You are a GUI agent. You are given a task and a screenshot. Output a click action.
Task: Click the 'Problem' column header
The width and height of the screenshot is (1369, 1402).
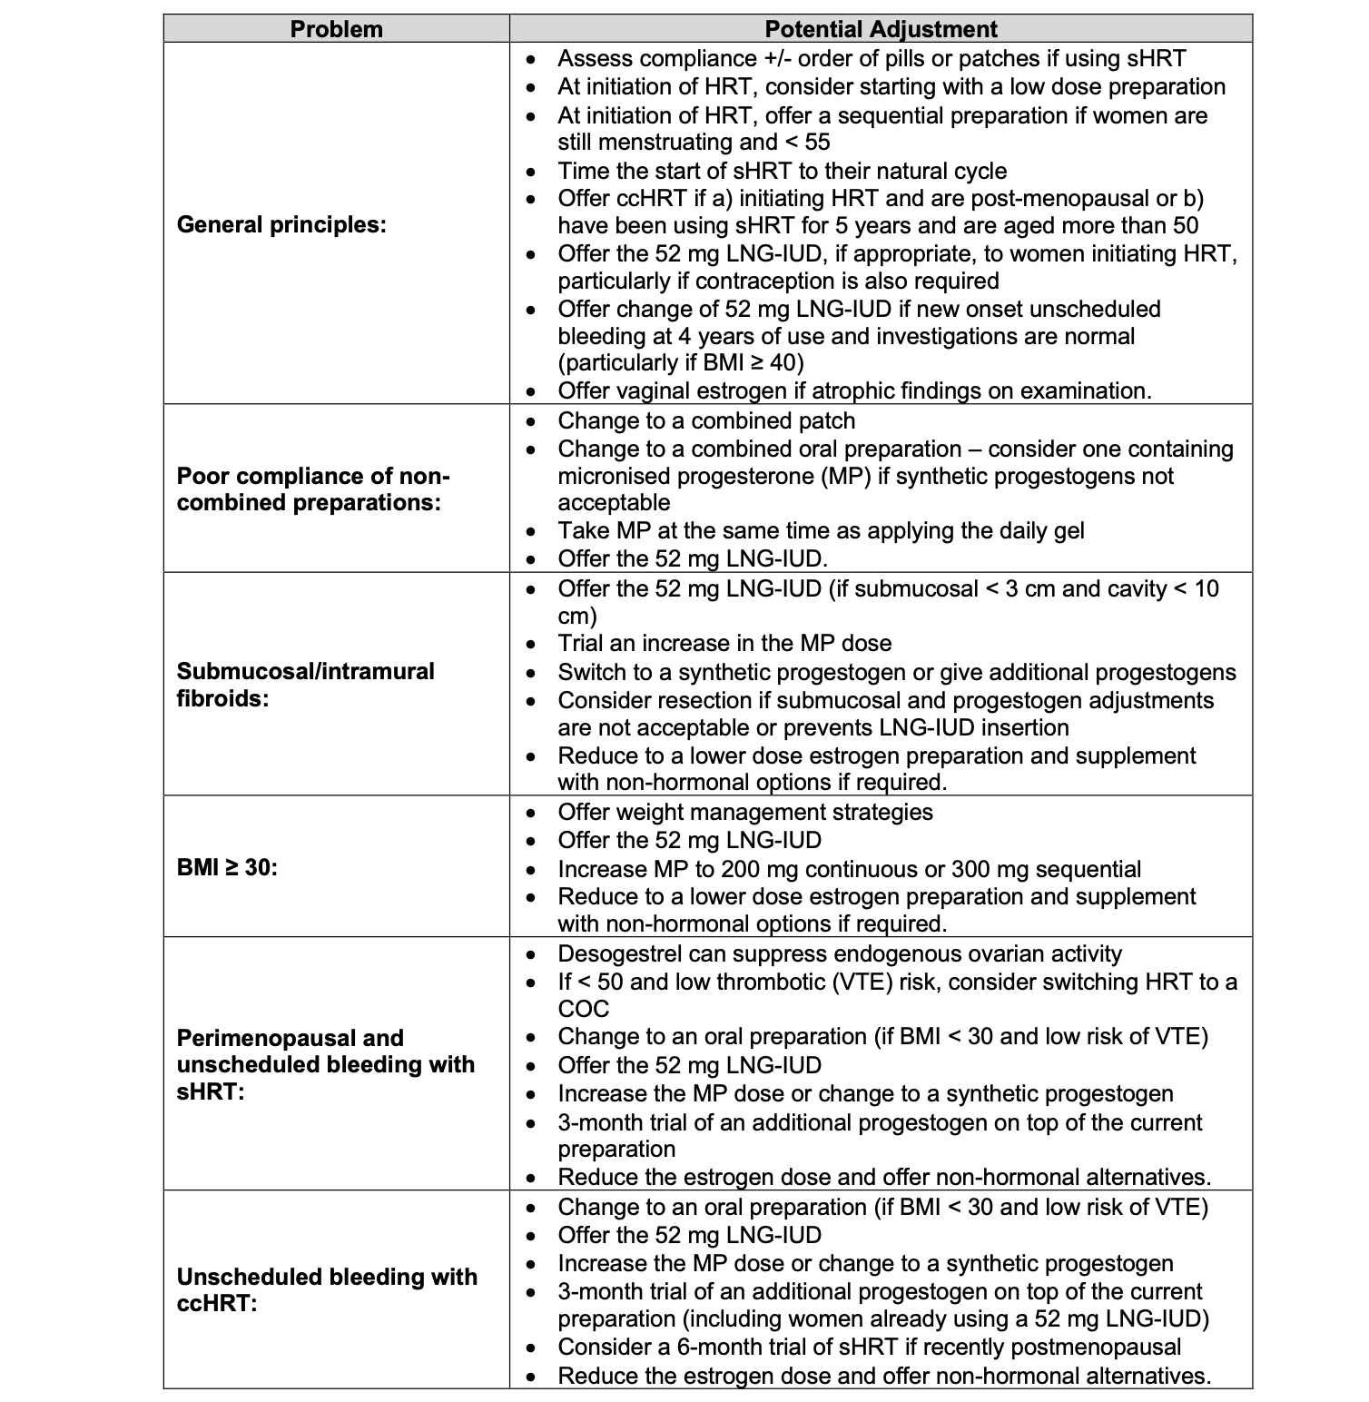(336, 29)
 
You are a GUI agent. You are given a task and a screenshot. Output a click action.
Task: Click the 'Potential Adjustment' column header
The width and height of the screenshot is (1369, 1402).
(881, 29)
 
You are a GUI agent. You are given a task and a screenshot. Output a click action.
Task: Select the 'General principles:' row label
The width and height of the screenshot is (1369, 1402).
(281, 224)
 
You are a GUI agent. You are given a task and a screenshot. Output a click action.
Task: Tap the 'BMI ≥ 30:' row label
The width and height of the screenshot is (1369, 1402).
(227, 867)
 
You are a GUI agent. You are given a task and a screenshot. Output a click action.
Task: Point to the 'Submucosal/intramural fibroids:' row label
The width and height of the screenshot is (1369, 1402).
(305, 685)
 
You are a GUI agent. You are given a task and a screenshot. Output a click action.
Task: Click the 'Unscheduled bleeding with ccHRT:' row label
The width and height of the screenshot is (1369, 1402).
(327, 1289)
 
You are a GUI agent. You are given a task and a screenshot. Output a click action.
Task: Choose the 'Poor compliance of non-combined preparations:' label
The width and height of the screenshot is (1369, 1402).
(313, 489)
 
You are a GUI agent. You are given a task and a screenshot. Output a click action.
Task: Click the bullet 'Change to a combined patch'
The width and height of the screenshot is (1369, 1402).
(706, 421)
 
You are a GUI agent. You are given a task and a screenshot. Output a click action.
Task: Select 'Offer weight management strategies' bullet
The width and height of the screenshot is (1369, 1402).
(744, 812)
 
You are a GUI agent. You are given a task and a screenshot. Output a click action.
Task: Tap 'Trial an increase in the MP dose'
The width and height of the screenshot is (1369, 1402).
(724, 644)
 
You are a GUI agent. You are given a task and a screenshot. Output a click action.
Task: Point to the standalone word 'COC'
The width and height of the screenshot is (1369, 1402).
(584, 1009)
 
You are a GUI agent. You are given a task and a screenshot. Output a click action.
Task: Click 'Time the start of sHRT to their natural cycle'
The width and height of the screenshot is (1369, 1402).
(782, 172)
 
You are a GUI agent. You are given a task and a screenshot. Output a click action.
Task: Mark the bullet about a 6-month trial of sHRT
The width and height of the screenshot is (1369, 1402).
(869, 1348)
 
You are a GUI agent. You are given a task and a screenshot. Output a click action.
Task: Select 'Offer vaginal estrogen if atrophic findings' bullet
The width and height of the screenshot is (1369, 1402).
(853, 391)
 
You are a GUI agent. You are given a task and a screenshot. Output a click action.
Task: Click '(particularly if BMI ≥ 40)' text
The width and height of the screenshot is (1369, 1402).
(681, 363)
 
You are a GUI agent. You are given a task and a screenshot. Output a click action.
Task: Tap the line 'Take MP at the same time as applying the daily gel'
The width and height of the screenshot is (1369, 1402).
(821, 531)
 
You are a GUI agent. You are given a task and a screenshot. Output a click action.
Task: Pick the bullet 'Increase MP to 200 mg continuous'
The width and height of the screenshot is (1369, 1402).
(849, 869)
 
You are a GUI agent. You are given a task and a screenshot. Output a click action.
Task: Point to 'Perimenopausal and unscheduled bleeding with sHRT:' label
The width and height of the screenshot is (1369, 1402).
(325, 1064)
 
